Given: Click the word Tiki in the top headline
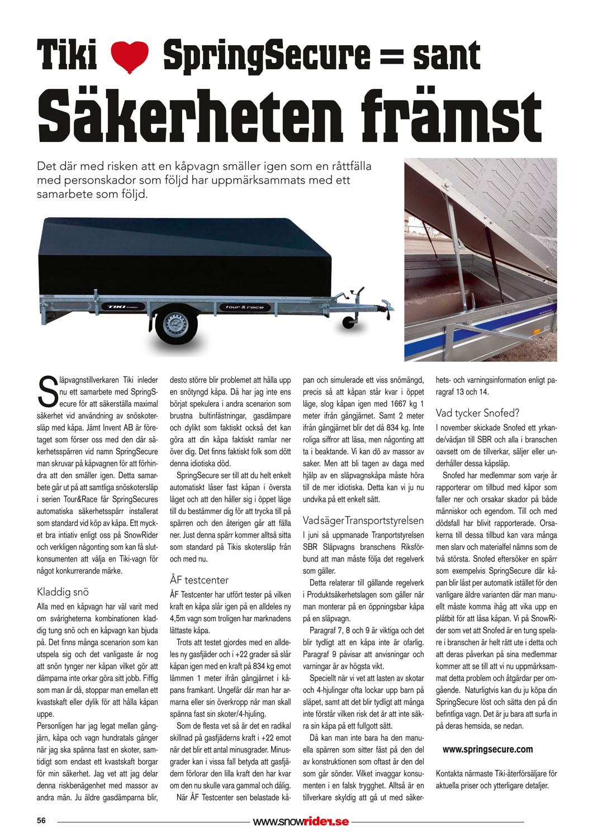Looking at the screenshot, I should click(x=67, y=56).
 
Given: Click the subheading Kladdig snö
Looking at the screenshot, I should click(x=63, y=592).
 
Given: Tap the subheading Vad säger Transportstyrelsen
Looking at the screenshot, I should click(x=363, y=520).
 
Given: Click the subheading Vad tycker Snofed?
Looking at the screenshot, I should click(x=477, y=414).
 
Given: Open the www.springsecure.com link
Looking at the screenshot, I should click(x=487, y=749).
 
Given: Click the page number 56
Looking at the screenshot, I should click(x=41, y=821).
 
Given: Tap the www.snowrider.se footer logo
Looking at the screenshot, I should click(x=301, y=821).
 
